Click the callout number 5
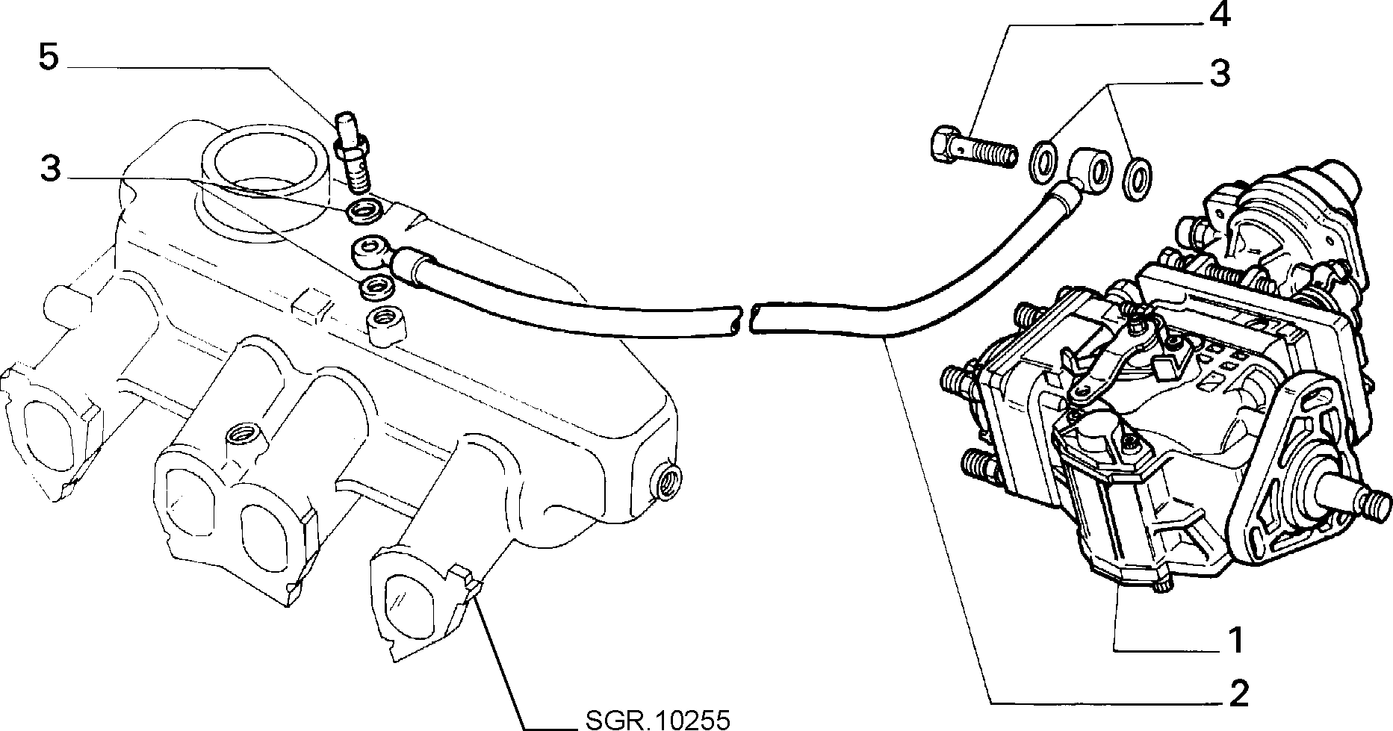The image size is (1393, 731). point(49,57)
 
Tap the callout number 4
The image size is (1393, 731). point(1219,16)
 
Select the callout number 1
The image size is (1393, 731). point(1236,641)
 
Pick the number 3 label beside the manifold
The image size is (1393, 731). point(50,169)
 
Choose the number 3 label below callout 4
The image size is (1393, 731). point(1219,74)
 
